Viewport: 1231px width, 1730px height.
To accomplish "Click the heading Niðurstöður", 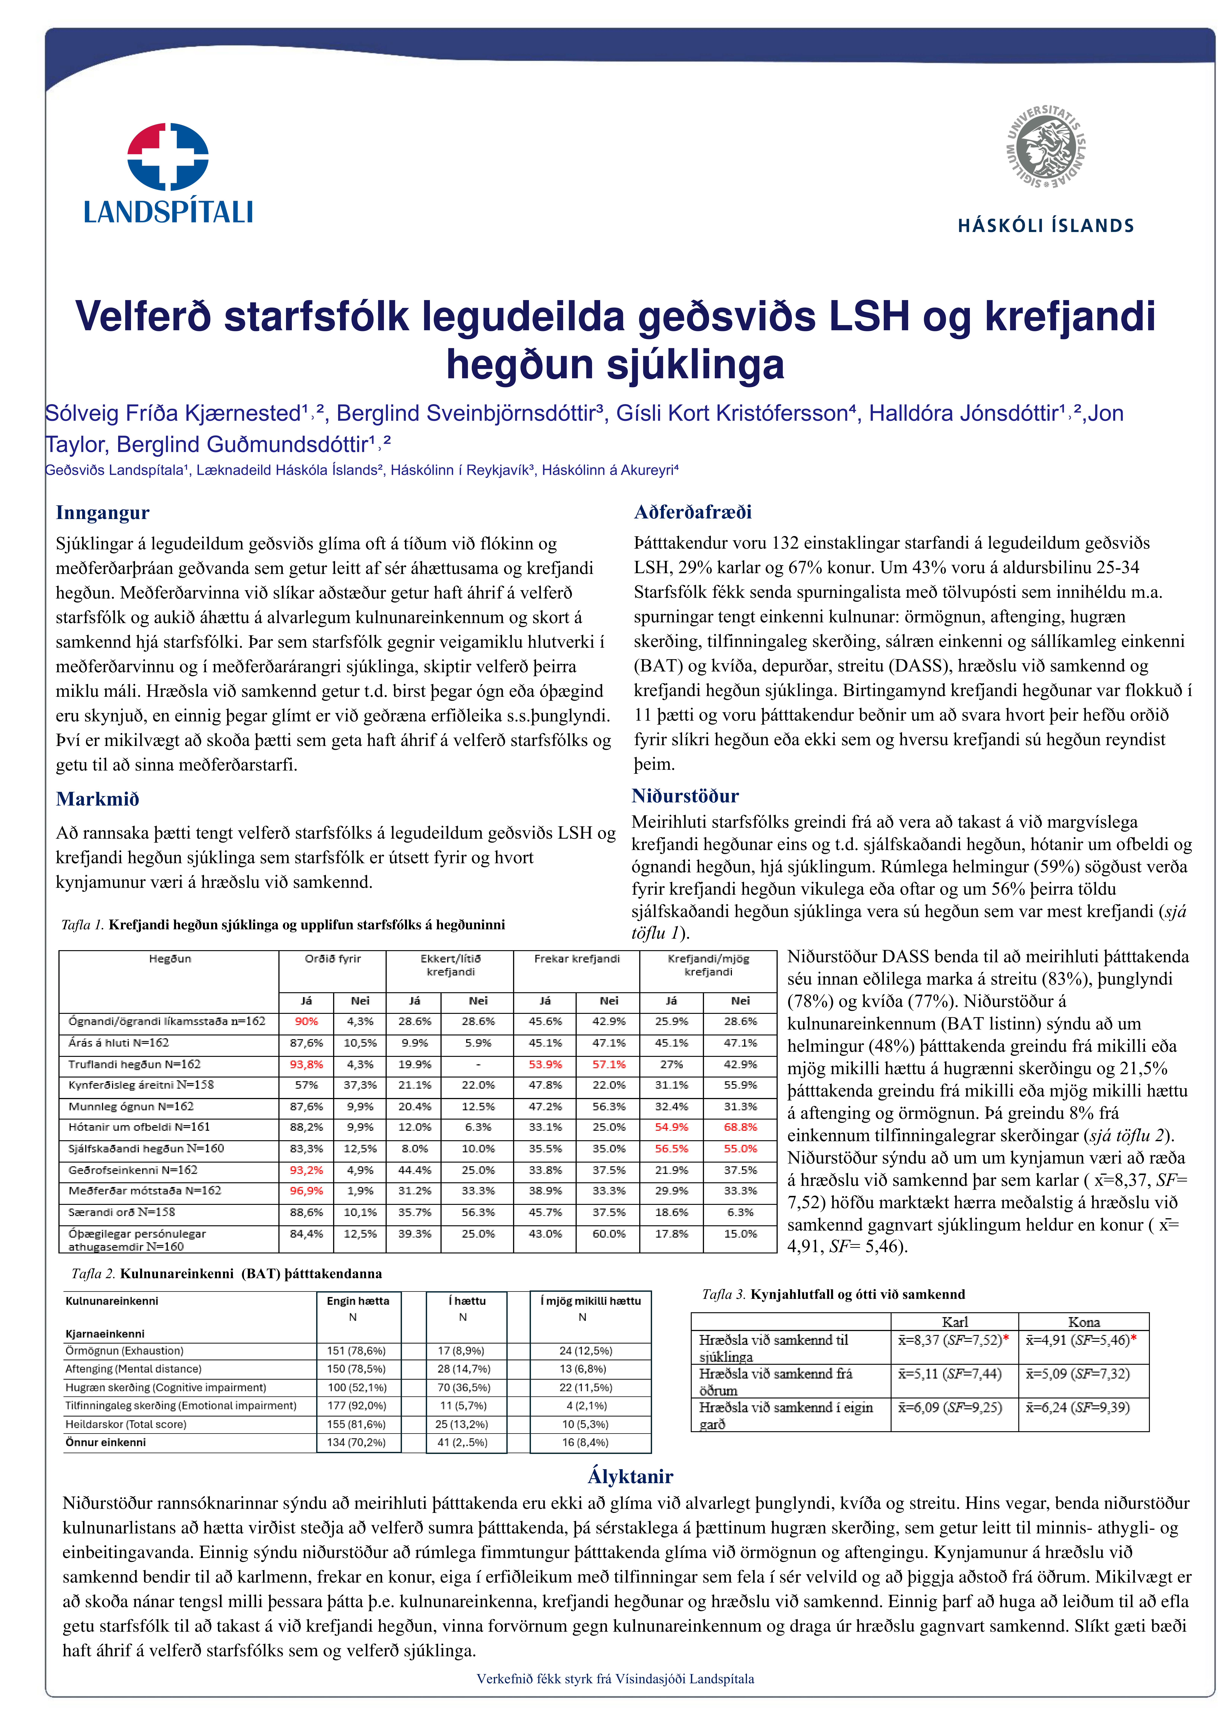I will pos(685,796).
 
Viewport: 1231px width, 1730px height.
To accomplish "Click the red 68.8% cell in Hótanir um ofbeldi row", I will pos(740,1127).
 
